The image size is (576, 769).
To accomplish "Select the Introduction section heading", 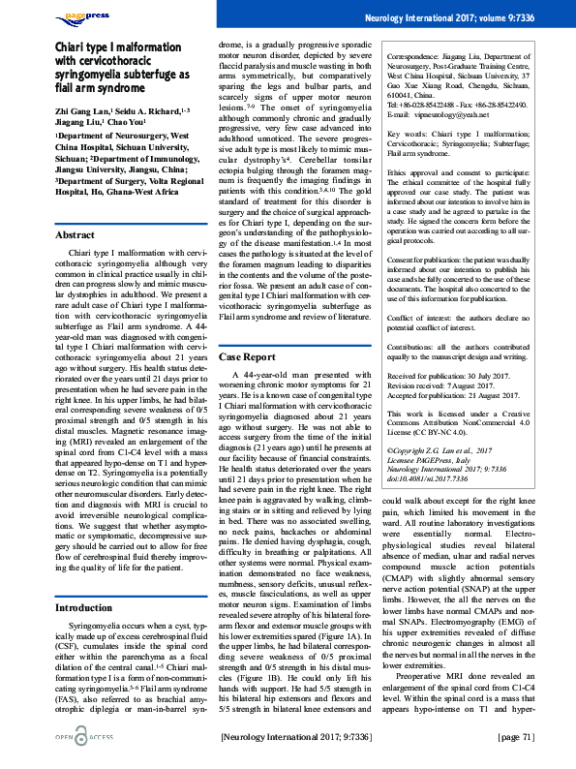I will point(86,580).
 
